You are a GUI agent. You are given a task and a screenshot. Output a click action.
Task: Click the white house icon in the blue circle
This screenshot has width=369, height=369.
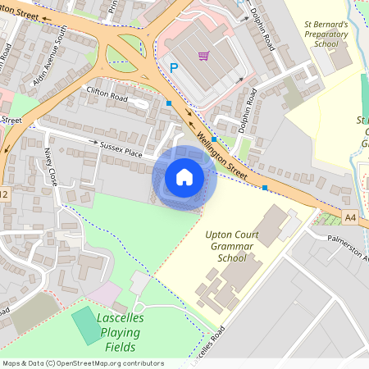point(184,177)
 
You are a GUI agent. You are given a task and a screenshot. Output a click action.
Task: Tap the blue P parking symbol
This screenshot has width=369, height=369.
point(173,68)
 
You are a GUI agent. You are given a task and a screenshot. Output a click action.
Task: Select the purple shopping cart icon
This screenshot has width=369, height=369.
point(203,57)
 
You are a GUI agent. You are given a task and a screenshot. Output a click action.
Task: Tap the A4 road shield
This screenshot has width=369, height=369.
point(351,216)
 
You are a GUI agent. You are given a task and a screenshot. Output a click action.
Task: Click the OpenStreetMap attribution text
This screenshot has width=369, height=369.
point(83,363)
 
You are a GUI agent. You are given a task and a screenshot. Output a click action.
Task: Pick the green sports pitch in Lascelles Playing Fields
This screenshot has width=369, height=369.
point(85,326)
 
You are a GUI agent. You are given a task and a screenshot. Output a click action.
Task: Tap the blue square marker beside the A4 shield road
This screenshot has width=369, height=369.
point(265,188)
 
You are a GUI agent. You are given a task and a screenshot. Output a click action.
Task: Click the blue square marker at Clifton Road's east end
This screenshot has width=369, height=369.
point(169,103)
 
